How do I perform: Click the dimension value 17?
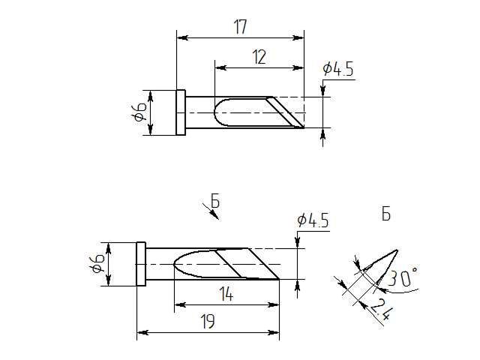point(240,28)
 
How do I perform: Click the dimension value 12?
point(259,58)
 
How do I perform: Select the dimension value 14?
point(227,295)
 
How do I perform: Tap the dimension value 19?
point(208,322)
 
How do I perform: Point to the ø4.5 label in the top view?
point(338,70)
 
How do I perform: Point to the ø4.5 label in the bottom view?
point(313,220)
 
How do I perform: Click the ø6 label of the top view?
point(139,113)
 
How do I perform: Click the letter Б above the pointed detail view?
point(385,215)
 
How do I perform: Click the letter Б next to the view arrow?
point(214,201)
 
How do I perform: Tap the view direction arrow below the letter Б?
point(213,214)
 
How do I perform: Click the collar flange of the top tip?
point(181,112)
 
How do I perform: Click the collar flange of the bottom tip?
point(141,264)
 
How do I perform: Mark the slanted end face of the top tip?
point(289,112)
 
